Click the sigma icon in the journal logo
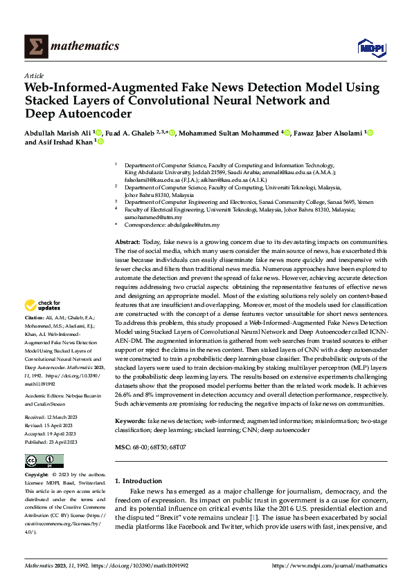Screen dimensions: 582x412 click(35, 46)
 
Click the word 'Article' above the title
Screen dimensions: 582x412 click(34, 75)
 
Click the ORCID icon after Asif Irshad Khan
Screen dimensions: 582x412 click(100, 142)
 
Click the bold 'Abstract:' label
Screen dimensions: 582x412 click(127, 243)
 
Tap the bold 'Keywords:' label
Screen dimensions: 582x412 click(130, 421)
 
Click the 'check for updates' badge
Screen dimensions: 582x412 click(43, 306)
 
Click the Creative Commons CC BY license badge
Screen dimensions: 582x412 click(44, 461)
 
